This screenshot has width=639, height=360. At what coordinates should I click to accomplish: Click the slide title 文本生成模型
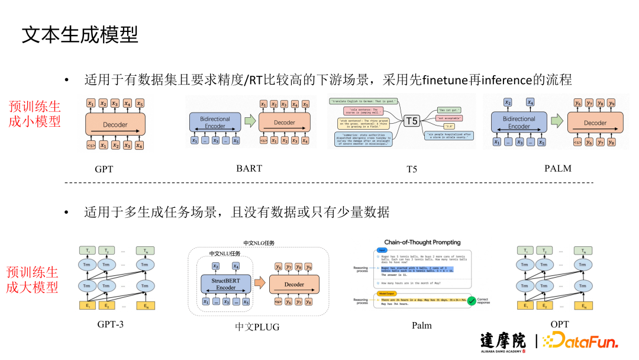click(x=80, y=35)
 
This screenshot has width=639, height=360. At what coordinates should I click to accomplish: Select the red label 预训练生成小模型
click(x=35, y=113)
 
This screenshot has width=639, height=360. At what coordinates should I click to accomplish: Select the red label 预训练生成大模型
click(x=33, y=279)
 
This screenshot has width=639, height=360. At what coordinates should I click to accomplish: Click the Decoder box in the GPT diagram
click(x=115, y=124)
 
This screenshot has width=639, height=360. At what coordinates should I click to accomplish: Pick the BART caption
click(x=248, y=168)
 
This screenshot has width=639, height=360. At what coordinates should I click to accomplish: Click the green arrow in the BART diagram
click(x=250, y=122)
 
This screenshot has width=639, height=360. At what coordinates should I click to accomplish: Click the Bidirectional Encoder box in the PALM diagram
click(x=519, y=123)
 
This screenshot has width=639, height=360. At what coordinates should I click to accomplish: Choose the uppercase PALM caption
click(x=557, y=168)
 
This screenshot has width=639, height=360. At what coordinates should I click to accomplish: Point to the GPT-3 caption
click(x=111, y=324)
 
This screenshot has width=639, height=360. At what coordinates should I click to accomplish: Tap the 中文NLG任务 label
click(x=259, y=243)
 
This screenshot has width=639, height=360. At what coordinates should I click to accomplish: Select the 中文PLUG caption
click(x=257, y=326)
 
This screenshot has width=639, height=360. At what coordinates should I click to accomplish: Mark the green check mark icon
click(x=471, y=301)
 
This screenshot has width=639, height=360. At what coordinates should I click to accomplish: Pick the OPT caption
click(x=559, y=324)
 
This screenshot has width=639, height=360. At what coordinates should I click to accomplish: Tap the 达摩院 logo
click(x=502, y=342)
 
